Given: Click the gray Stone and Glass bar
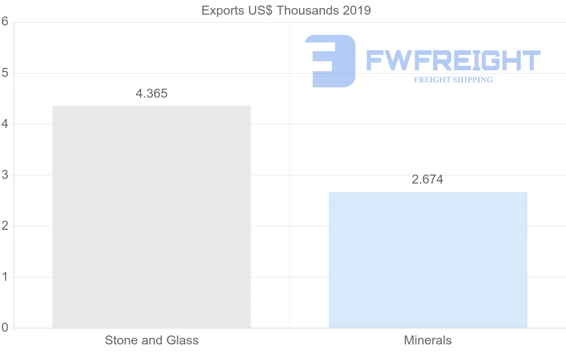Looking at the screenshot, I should click(151, 217).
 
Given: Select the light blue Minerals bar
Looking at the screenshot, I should click(428, 260).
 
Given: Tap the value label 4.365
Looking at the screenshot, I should click(151, 93).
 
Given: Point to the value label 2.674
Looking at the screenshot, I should click(427, 179).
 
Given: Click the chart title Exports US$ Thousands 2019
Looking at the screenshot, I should click(286, 10).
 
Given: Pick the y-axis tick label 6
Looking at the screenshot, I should click(5, 22).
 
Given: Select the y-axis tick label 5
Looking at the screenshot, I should click(5, 73).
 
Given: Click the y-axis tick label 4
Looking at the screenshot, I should click(5, 124).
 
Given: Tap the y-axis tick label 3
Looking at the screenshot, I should click(5, 175).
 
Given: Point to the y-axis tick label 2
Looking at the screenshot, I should click(5, 226).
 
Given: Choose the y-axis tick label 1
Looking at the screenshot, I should click(5, 277).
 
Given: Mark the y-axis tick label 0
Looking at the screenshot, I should click(5, 327).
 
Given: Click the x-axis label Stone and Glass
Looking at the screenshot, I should click(151, 340).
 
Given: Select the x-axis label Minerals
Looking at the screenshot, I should click(428, 340).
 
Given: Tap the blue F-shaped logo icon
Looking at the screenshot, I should click(330, 60).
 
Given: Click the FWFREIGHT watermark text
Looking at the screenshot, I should click(453, 60).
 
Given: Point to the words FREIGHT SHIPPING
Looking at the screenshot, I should click(453, 80).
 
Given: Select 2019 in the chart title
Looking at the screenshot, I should click(357, 10).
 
